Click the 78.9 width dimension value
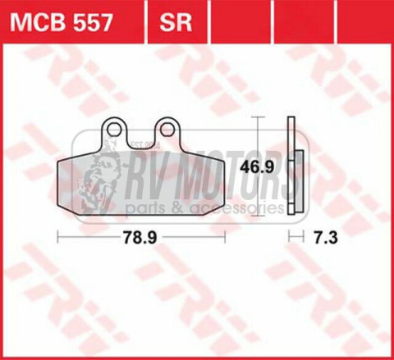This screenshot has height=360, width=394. click(x=140, y=239)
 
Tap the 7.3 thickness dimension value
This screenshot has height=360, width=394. click(x=324, y=239)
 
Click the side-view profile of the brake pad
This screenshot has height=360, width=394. click(x=292, y=168)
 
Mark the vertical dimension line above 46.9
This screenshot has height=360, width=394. click(x=260, y=139)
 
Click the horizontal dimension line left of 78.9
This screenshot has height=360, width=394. click(x=87, y=239)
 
